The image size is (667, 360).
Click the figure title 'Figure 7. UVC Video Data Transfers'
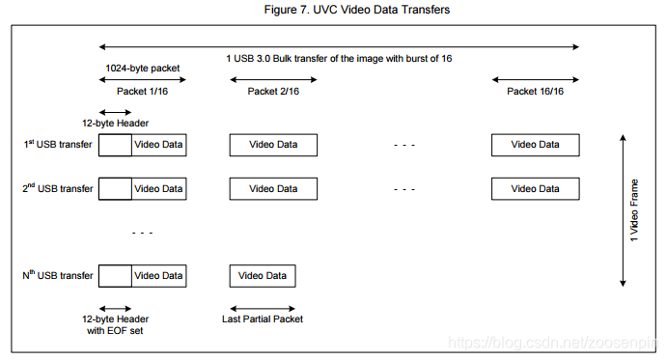(333, 10)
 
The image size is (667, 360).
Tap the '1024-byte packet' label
(142, 69)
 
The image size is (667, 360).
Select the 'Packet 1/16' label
(142, 91)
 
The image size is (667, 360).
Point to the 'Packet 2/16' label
(273, 91)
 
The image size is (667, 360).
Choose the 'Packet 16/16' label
(535, 91)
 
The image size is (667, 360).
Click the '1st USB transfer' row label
(58, 145)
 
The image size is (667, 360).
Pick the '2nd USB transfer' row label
(58, 188)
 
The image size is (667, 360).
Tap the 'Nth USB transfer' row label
(58, 276)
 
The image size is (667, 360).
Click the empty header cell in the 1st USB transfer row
(115, 145)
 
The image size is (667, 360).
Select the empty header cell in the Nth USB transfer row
(115, 276)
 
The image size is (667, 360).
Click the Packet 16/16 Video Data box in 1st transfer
(535, 145)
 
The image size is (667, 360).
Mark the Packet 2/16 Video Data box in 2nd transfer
(273, 188)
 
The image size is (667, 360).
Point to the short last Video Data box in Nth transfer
(263, 276)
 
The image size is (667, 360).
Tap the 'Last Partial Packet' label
(263, 319)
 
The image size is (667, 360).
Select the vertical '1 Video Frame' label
(634, 210)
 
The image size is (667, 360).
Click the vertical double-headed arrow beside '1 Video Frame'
(622, 210)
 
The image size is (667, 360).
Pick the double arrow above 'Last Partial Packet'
(263, 308)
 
